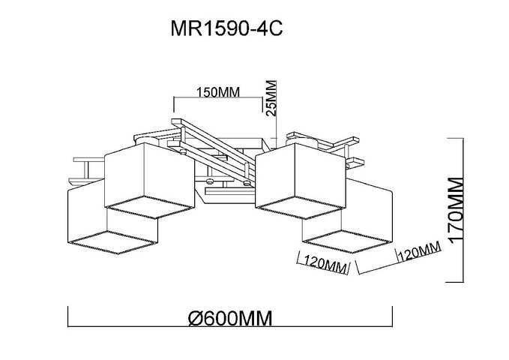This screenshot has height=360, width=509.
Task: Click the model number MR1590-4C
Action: (x=226, y=29)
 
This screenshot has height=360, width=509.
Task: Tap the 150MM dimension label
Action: (x=218, y=92)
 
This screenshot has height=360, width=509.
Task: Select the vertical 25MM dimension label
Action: (x=271, y=98)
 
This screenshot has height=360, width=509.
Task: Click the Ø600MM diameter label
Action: (x=230, y=319)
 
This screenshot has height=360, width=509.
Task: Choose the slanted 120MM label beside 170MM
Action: (x=419, y=250)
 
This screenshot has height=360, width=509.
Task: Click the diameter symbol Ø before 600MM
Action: (x=196, y=319)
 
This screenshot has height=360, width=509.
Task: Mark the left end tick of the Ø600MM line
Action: (x=68, y=316)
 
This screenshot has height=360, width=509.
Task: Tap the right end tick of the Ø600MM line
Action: (x=392, y=316)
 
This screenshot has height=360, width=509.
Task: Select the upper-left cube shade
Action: (x=150, y=180)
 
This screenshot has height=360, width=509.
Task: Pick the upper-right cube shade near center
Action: (x=301, y=181)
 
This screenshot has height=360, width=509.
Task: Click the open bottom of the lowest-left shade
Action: (x=112, y=242)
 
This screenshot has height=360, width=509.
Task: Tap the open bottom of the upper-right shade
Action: (x=300, y=207)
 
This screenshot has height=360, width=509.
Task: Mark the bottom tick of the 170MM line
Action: (x=455, y=282)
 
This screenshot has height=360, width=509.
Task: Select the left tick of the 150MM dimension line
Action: (x=175, y=104)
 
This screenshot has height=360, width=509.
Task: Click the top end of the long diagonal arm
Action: (x=177, y=121)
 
